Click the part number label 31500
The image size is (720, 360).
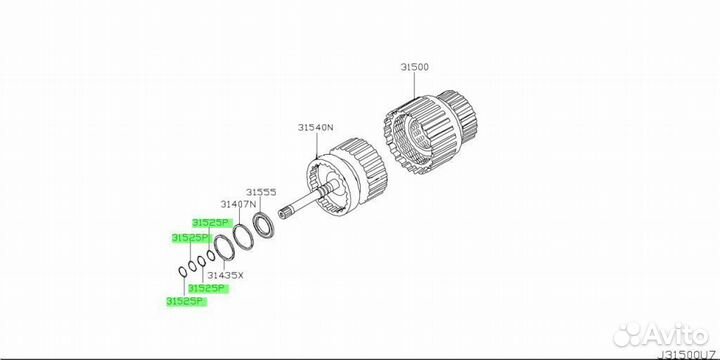point(414,67)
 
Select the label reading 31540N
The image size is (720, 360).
point(315,128)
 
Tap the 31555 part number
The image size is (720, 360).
point(261,192)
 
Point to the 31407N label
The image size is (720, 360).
point(237,204)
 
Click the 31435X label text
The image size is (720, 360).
point(225,276)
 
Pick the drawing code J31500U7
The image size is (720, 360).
point(689,355)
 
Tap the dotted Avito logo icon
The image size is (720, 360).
point(627,334)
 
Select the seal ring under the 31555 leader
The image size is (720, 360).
point(264,225)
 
